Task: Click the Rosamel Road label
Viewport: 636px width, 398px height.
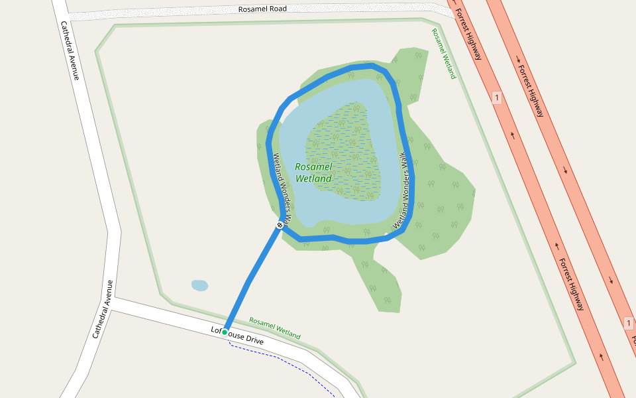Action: (x=264, y=9)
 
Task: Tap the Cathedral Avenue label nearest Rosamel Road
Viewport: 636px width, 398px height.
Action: (x=70, y=50)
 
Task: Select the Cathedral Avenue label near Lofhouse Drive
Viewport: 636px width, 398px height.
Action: (x=103, y=309)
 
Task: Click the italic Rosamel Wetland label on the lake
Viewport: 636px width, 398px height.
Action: (x=313, y=172)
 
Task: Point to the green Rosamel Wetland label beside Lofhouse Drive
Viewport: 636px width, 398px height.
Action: (x=274, y=328)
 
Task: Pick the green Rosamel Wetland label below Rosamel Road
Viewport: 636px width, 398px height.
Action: (x=444, y=53)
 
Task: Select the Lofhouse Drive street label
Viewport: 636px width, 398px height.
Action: (x=237, y=336)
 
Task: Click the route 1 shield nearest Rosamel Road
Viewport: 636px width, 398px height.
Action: (x=496, y=98)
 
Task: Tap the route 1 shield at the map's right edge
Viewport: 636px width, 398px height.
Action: (x=628, y=323)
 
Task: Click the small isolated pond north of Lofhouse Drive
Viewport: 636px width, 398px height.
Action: (x=199, y=285)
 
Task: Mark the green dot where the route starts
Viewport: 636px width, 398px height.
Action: (x=225, y=332)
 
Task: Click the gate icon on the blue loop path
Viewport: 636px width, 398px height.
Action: (x=280, y=226)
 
